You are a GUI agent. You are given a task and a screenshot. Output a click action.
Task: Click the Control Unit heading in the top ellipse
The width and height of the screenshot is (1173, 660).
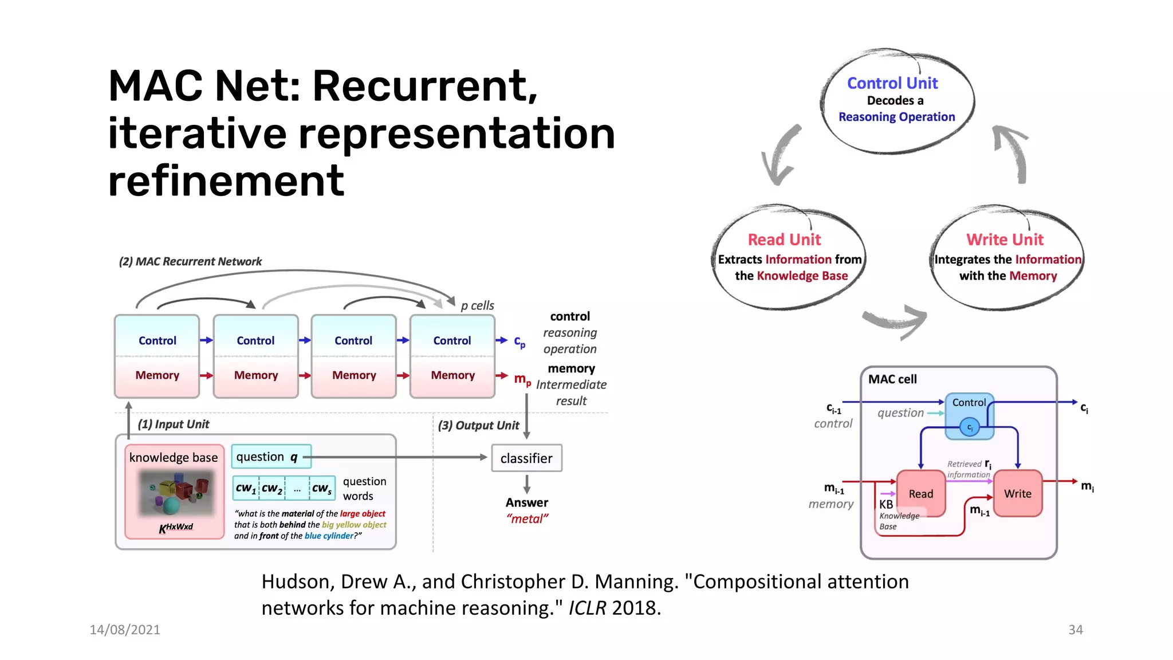coord(892,83)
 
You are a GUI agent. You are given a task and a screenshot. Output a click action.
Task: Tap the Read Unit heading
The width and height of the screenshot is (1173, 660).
coord(784,239)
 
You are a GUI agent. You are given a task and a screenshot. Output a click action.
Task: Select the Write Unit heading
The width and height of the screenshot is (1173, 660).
coord(1005,239)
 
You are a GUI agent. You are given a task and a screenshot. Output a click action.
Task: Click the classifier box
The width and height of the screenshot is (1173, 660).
coord(526,458)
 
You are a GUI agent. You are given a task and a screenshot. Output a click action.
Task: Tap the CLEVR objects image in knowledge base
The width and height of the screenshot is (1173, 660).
coord(176,492)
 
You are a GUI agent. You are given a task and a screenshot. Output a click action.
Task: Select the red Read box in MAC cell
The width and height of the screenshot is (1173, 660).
coord(920,493)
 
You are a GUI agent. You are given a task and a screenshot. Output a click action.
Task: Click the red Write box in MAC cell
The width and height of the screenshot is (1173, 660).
coord(1017,493)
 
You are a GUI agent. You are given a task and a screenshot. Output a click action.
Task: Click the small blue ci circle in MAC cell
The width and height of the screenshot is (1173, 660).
coord(970,427)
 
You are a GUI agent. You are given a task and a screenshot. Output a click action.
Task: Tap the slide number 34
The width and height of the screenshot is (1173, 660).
coord(1075,630)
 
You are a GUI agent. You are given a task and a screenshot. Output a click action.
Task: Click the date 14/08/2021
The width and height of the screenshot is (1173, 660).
coord(125,630)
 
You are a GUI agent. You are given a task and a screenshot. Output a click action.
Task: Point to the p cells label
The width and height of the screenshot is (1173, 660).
coord(477,305)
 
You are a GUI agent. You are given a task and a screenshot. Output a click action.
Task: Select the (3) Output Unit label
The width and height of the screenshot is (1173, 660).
coord(478,425)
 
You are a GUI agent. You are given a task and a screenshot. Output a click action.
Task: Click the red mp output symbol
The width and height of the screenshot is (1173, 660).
coord(522,379)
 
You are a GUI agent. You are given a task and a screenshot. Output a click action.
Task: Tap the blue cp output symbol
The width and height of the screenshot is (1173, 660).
coord(519,342)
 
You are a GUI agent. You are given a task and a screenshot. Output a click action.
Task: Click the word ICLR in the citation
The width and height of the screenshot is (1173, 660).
coord(586,608)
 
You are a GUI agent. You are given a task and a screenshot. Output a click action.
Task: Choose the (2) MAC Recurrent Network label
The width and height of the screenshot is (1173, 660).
coord(190,261)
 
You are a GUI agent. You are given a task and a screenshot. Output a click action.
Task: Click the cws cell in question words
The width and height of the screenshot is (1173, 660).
coord(322,488)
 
